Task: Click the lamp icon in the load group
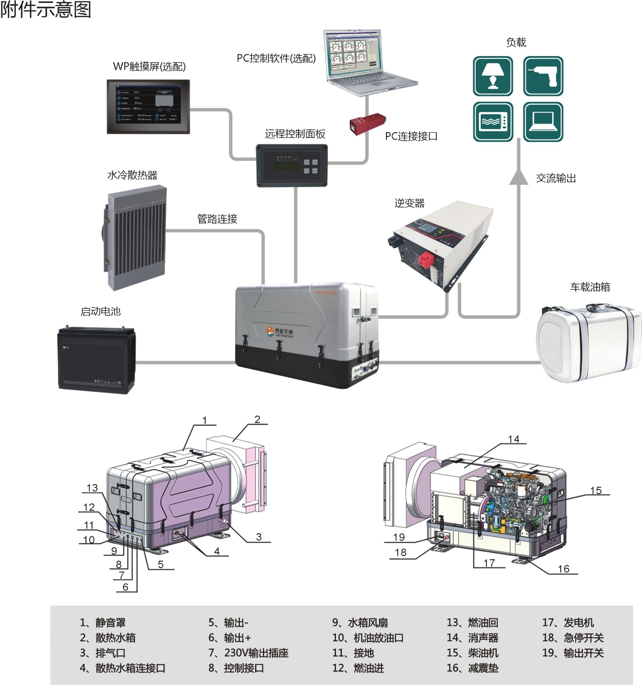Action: click(492, 76)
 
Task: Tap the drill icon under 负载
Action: click(543, 76)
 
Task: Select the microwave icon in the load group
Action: click(492, 121)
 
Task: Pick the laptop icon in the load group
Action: click(543, 121)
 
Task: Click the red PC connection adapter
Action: click(367, 124)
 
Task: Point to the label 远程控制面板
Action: click(295, 134)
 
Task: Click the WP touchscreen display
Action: click(148, 107)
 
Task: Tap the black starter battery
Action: click(96, 360)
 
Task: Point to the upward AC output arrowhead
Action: click(518, 177)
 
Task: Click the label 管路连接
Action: click(217, 219)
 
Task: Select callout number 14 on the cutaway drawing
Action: click(514, 439)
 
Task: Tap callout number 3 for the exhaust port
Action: click(258, 537)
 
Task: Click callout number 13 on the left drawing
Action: click(92, 488)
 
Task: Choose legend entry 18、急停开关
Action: click(573, 638)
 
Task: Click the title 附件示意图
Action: click(45, 9)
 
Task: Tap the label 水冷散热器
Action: click(132, 175)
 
